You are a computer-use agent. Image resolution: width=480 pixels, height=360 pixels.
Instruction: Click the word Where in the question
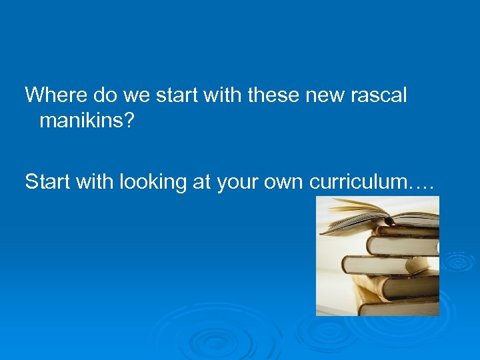(x=56, y=95)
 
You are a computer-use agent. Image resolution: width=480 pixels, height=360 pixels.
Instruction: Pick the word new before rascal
(x=322, y=95)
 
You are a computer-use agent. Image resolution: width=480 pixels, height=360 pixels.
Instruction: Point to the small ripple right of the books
(x=459, y=261)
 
